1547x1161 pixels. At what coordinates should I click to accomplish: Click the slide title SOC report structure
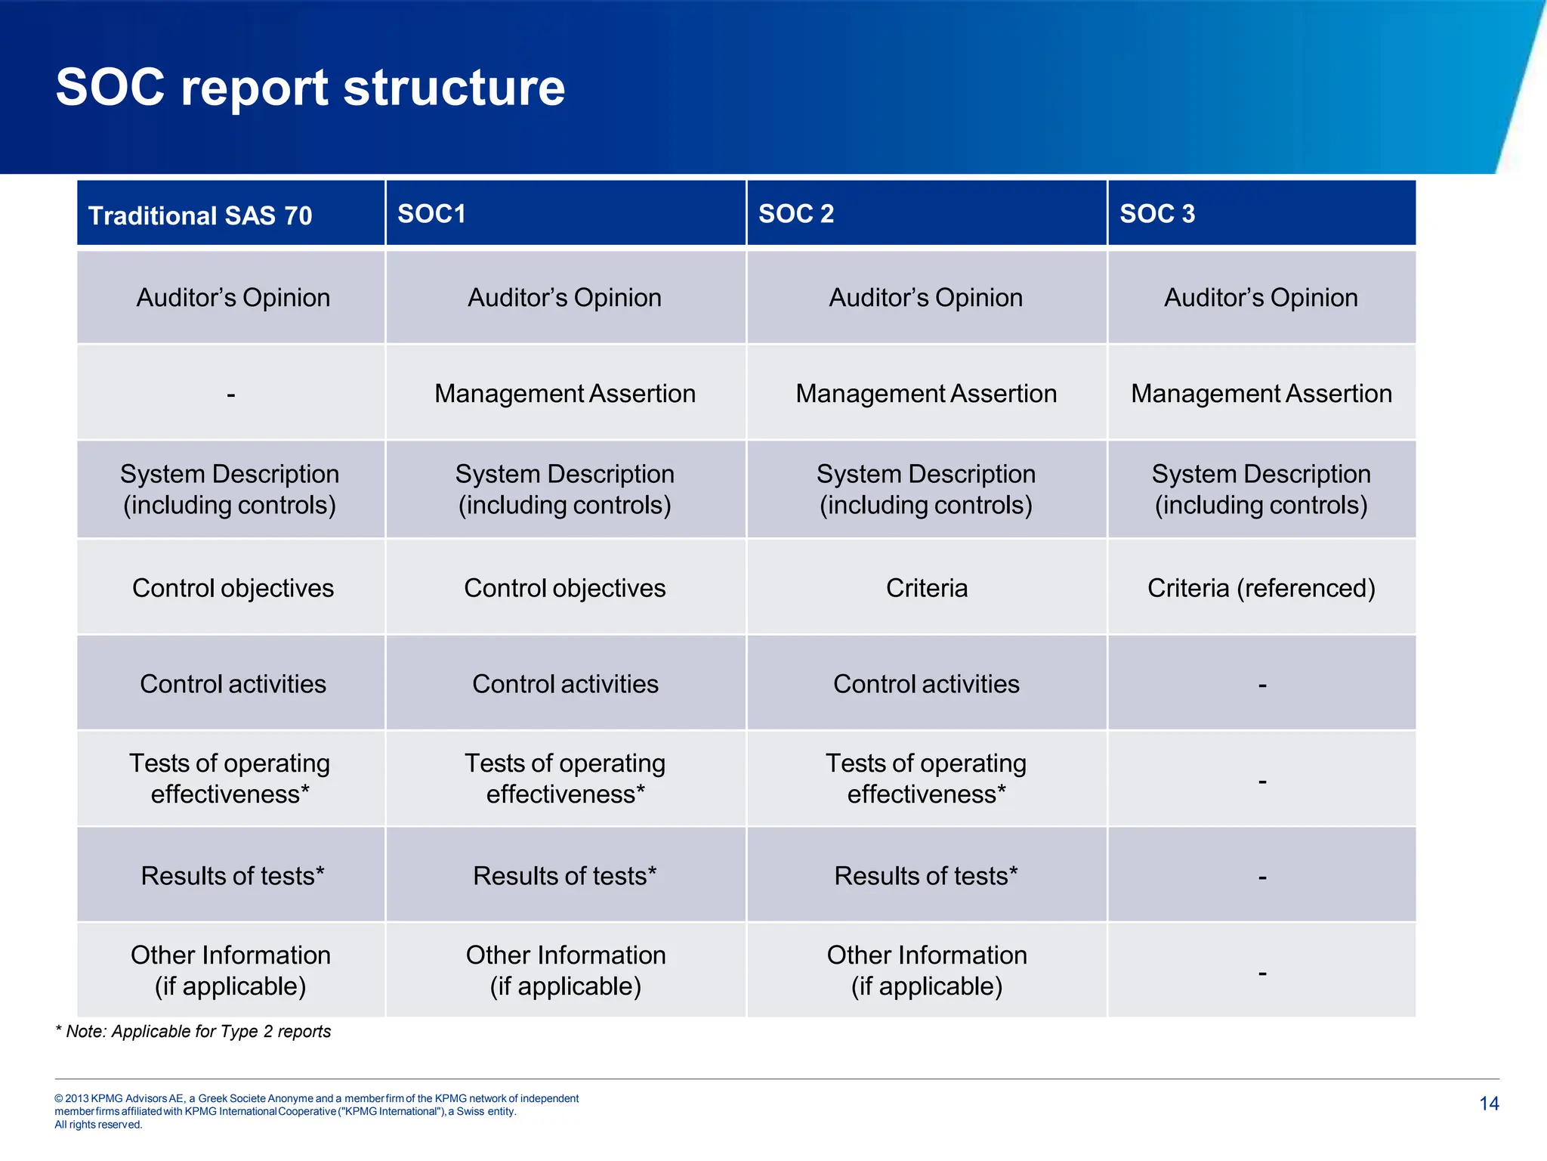pos(310,88)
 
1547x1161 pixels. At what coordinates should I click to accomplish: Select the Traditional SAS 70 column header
pos(200,216)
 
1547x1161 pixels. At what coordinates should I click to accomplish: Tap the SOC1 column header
pos(431,214)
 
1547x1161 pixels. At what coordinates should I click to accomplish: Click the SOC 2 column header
pos(796,214)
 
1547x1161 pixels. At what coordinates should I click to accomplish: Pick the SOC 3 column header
pos(1157,214)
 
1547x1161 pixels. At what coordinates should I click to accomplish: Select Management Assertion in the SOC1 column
pos(565,394)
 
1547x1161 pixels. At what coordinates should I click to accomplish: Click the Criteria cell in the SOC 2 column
pos(926,588)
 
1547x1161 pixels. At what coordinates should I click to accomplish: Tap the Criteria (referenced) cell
pos(1261,588)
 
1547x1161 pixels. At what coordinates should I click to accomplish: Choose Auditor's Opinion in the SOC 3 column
pos(1261,298)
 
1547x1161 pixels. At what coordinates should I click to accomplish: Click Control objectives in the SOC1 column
pos(565,588)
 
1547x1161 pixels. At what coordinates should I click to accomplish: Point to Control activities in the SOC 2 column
pos(926,684)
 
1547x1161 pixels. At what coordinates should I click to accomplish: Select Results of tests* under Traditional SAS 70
pos(233,876)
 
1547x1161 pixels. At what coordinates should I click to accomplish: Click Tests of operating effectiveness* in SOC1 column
pos(565,779)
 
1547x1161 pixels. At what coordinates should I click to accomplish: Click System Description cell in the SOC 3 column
pos(1261,489)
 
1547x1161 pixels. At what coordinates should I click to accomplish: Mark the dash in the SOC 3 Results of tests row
pos(1262,878)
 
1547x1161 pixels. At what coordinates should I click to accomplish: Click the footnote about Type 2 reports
pos(193,1032)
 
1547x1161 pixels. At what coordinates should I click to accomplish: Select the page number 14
pos(1489,1104)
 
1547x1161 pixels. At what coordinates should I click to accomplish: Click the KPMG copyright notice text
pos(317,1111)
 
